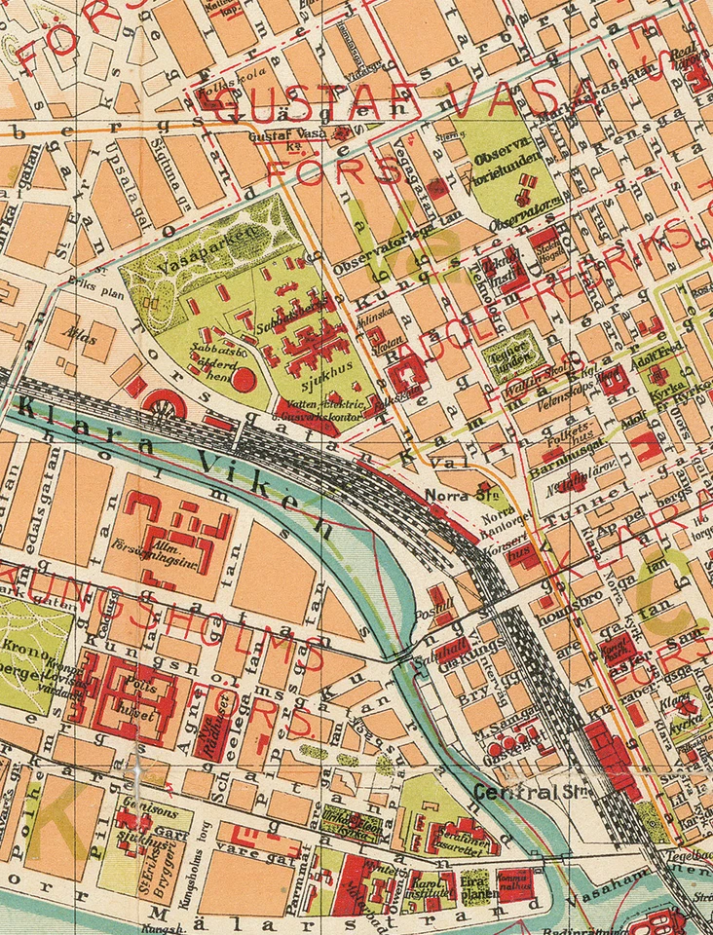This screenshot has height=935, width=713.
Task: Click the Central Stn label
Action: coord(520,791)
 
